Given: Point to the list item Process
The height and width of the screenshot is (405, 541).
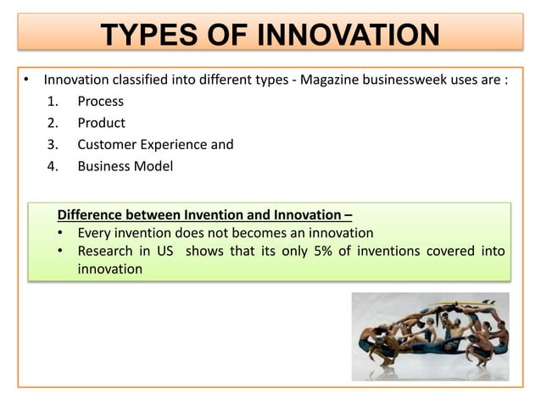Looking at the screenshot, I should click(100, 102).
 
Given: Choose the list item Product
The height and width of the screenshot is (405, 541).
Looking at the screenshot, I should click(101, 123).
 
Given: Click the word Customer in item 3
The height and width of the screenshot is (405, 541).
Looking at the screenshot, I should click(108, 144).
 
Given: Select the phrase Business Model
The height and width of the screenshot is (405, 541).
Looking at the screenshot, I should click(125, 166).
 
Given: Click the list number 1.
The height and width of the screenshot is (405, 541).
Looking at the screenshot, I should click(53, 102).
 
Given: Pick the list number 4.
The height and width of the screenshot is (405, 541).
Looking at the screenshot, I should click(53, 166).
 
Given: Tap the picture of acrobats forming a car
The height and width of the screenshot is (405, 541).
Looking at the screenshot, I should click(430, 336).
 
